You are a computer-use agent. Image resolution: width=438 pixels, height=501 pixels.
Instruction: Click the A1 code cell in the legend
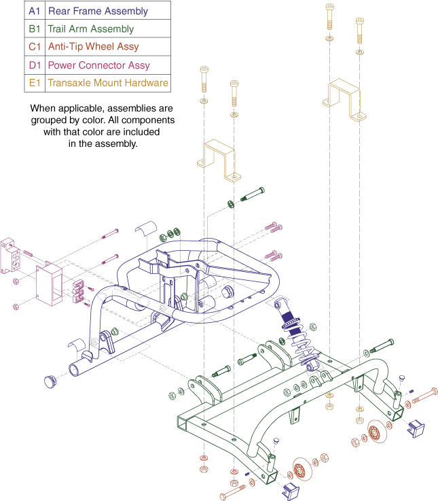[35, 12]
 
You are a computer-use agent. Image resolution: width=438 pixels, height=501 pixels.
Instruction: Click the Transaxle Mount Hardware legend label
[108, 83]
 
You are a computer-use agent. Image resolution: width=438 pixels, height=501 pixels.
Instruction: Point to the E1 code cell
[35, 83]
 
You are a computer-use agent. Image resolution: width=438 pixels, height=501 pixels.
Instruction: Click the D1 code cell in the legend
[35, 65]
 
